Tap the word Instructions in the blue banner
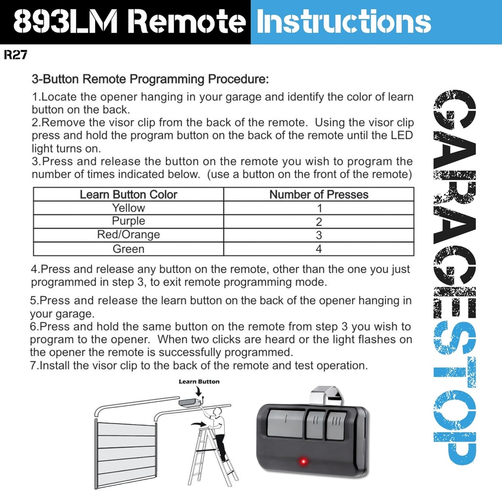pyautogui.click(x=344, y=22)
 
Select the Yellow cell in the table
pyautogui.click(x=128, y=208)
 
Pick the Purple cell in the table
pyautogui.click(x=128, y=221)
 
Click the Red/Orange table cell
pyautogui.click(x=128, y=234)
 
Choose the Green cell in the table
pyautogui.click(x=128, y=249)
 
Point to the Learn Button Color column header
pyautogui.click(x=128, y=194)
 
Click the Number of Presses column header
pyautogui.click(x=319, y=194)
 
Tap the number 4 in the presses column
pyautogui.click(x=319, y=249)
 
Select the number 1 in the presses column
pyautogui.click(x=319, y=208)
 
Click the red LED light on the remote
pyautogui.click(x=303, y=461)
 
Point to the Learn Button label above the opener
pyautogui.click(x=199, y=381)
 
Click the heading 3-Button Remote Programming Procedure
pyautogui.click(x=150, y=79)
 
